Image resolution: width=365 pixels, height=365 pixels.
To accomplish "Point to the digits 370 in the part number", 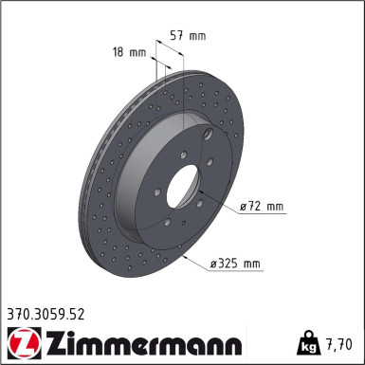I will (18, 310).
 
